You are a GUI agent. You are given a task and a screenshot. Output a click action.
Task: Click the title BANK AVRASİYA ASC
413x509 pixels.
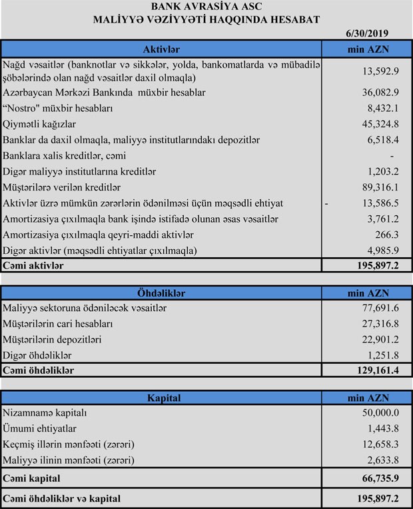tap(206, 7)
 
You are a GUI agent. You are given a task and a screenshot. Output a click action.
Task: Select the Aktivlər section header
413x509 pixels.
tap(161, 49)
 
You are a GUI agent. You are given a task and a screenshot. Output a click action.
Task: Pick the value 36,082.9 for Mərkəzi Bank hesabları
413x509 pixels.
tap(380, 92)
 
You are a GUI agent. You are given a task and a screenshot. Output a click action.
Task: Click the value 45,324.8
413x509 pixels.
tap(380, 124)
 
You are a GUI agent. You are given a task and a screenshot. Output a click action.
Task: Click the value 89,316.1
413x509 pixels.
tap(380, 187)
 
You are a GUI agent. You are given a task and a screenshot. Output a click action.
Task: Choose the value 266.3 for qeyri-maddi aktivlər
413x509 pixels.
tap(386, 235)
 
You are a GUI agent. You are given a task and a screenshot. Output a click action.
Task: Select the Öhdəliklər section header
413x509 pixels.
tap(161, 292)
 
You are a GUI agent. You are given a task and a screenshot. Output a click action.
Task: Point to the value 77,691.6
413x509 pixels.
tap(380, 308)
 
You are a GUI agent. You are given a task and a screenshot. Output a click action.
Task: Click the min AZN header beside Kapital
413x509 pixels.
tap(368, 398)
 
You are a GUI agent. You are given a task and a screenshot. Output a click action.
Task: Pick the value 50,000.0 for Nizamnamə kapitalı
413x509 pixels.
tap(380, 413)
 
